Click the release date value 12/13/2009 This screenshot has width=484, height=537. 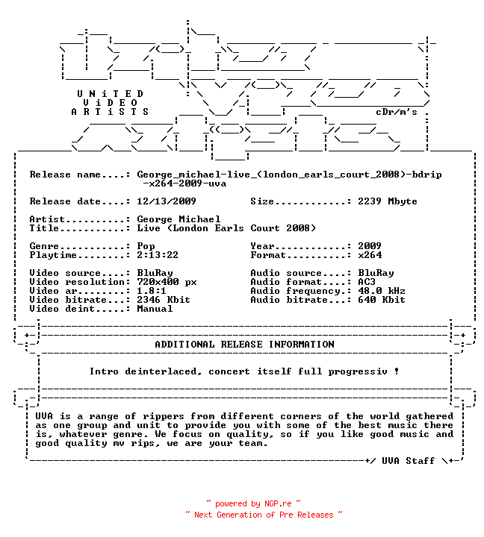coord(167,201)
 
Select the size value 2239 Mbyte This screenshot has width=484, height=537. coord(388,201)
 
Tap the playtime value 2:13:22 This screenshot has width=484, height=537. coord(158,255)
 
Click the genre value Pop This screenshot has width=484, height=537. coord(146,246)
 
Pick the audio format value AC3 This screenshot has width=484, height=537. coord(367,282)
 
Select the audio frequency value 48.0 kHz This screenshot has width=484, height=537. coord(382,291)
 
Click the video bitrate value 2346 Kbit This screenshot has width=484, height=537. coord(164,300)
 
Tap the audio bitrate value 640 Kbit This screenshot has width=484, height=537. coord(382,300)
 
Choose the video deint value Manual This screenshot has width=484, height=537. coord(155,309)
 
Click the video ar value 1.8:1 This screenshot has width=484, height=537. coord(152,291)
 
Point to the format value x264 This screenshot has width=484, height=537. coord(370,255)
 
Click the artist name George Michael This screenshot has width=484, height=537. coord(179,219)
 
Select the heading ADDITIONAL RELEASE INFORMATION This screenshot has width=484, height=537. coord(244,345)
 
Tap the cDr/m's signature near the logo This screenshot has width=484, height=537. coord(397,112)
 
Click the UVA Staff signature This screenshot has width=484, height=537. coord(409,461)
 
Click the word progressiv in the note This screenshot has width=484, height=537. coord(358,371)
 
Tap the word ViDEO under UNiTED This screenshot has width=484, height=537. coord(110,103)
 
